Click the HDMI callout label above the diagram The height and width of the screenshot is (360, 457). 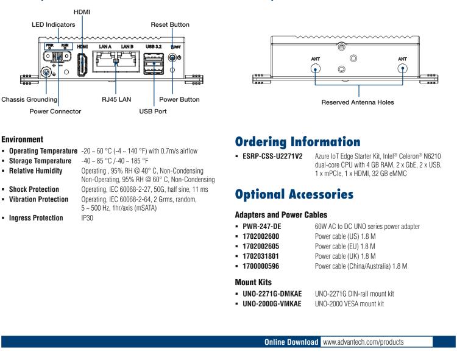click(x=80, y=12)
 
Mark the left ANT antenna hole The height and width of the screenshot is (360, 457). click(x=315, y=69)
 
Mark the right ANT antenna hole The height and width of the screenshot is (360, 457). click(x=402, y=69)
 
